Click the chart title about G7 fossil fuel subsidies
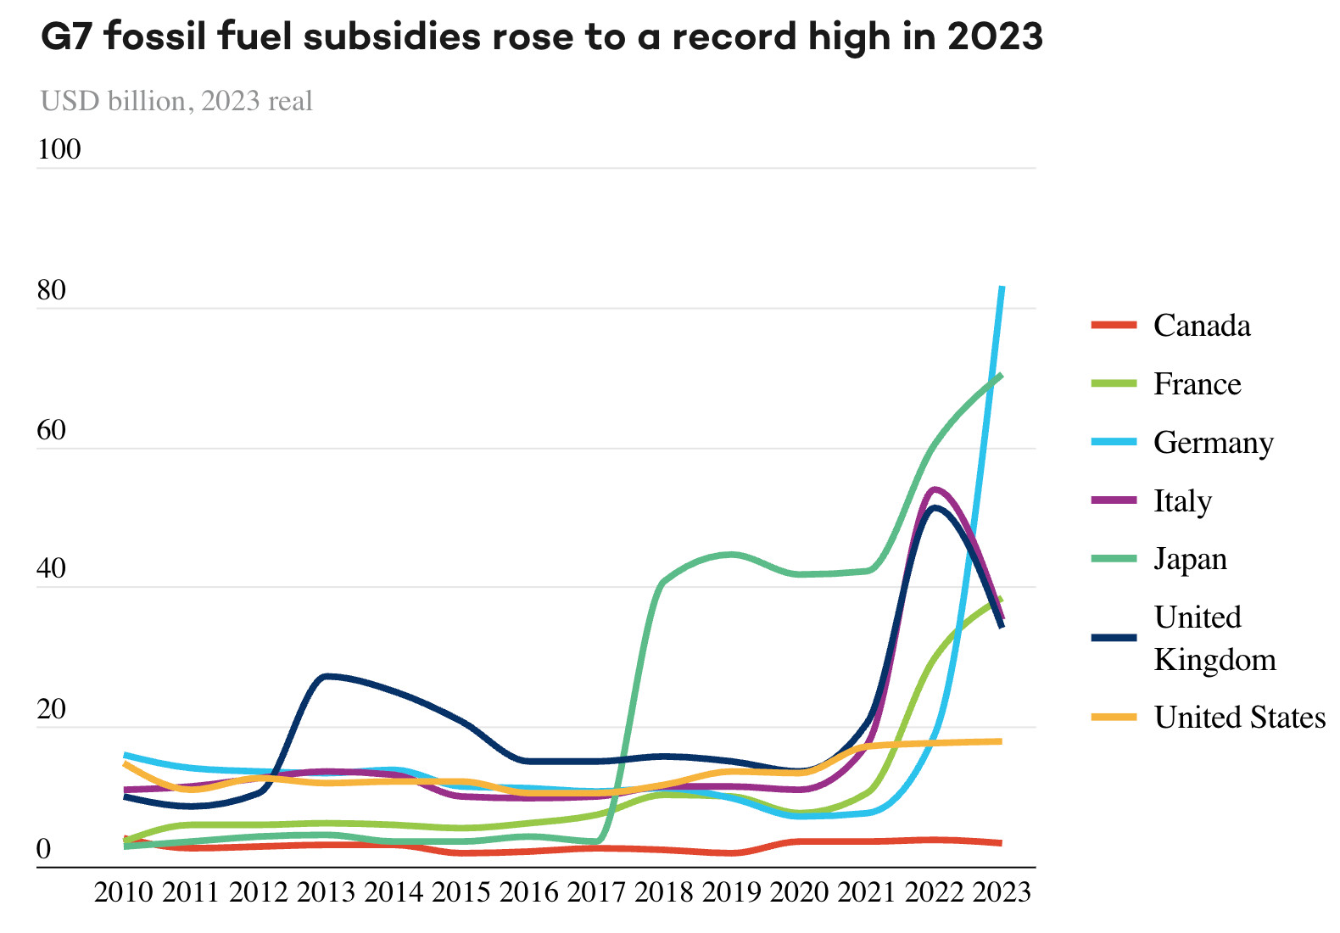[541, 36]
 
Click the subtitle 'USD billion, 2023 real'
[176, 101]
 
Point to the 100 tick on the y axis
[59, 149]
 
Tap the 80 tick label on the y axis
[52, 290]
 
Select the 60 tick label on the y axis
[52, 430]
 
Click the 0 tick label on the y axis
[44, 849]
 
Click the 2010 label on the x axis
[124, 892]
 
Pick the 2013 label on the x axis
[327, 892]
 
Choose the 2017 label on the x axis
[596, 892]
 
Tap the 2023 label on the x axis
[1002, 892]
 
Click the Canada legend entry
[1201, 326]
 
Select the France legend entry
[1197, 384]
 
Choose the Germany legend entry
[1213, 443]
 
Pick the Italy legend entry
[1182, 501]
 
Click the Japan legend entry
[1190, 560]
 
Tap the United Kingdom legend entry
[1214, 638]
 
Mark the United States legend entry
[1239, 718]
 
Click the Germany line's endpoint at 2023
[1002, 288]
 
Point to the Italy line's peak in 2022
[935, 489]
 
